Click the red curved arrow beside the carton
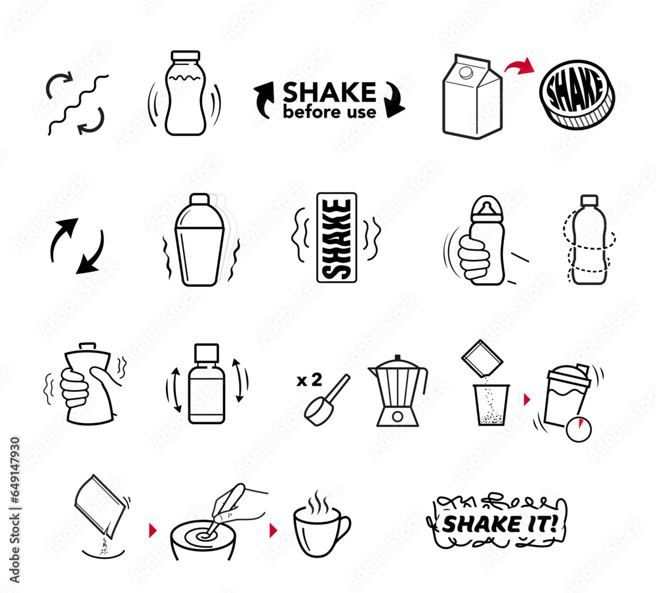pyautogui.click(x=520, y=65)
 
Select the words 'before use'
pyautogui.click(x=329, y=112)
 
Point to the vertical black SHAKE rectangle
pyautogui.click(x=337, y=238)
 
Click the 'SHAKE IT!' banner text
pyautogui.click(x=498, y=523)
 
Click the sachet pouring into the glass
pyautogui.click(x=482, y=359)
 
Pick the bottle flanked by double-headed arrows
pyautogui.click(x=206, y=384)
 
